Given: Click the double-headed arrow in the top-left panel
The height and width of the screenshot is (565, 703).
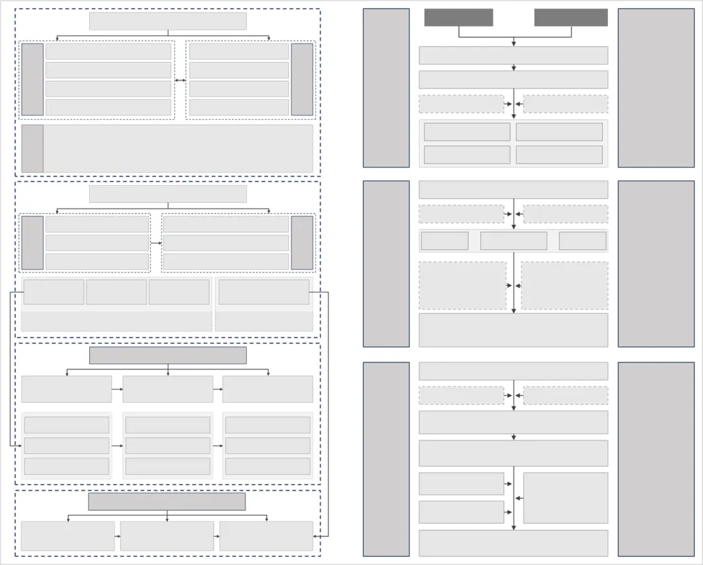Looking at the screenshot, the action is point(180,80).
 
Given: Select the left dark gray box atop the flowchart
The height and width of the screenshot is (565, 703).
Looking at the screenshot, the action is point(458,18).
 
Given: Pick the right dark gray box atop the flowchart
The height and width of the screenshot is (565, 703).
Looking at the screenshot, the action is point(571,18).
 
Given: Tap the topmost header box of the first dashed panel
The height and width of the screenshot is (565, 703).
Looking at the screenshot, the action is point(167,22).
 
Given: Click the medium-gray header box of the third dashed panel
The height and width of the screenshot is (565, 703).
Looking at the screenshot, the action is point(167,355).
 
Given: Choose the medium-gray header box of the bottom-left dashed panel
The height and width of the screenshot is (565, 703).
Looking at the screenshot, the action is point(167,501).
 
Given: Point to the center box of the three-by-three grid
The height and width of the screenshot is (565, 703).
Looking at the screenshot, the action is point(167,446).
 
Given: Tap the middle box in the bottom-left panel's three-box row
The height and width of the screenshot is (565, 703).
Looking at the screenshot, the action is point(167,536).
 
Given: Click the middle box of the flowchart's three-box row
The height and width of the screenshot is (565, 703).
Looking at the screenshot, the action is point(513,240).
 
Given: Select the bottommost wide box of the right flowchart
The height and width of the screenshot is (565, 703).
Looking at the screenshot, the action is point(513,543).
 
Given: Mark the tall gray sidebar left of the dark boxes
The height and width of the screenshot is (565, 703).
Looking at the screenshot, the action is point(386,87).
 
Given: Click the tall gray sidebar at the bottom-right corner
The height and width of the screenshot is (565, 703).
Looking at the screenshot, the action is point(655,459).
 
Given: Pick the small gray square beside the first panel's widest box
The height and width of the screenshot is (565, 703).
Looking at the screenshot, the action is point(33,149).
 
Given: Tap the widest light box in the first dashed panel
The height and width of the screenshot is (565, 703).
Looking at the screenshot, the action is point(178,149).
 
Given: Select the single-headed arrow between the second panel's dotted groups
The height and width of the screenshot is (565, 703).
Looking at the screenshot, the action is point(156,243).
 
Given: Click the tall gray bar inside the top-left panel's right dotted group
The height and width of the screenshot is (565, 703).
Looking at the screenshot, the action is point(301,80).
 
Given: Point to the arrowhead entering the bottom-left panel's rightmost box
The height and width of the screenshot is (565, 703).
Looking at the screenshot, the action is point(315,536).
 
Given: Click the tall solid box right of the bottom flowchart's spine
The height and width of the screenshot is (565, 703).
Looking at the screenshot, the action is point(565,498).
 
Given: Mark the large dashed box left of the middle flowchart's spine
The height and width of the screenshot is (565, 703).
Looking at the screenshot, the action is point(462,285).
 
